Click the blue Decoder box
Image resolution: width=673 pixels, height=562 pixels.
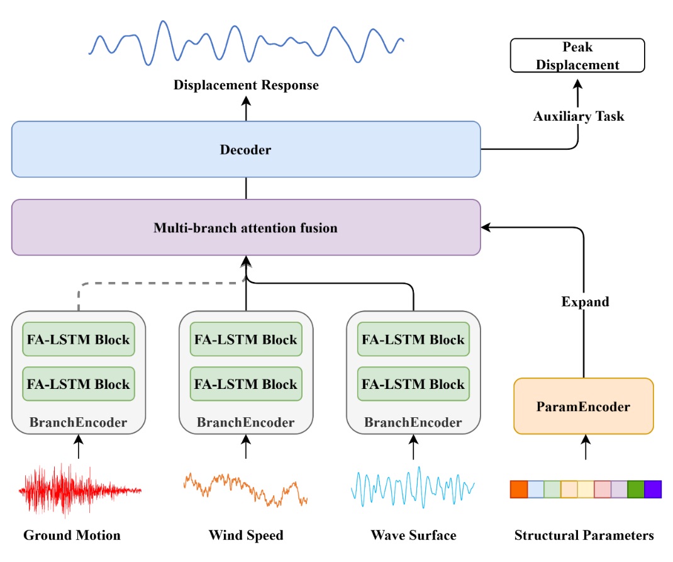pyautogui.click(x=245, y=149)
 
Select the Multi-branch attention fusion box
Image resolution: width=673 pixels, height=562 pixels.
pyautogui.click(x=245, y=227)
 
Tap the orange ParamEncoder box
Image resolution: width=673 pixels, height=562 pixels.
pyautogui.click(x=583, y=407)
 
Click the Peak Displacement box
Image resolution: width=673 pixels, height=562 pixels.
pyautogui.click(x=577, y=56)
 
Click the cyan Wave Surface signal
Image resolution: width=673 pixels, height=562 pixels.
pyautogui.click(x=412, y=486)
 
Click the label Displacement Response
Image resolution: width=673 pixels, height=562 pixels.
pyautogui.click(x=246, y=85)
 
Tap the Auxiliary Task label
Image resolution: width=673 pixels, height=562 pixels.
pyautogui.click(x=579, y=116)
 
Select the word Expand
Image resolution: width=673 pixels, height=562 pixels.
pyautogui.click(x=585, y=301)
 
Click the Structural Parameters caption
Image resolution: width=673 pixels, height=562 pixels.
pyautogui.click(x=584, y=536)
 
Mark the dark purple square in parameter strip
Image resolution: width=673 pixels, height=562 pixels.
pyautogui.click(x=653, y=489)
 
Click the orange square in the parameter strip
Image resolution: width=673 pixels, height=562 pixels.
pyautogui.click(x=518, y=489)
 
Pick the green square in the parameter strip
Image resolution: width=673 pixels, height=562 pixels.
pyautogui.click(x=636, y=489)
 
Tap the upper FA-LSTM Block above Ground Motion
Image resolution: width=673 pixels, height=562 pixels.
pyautogui.click(x=79, y=340)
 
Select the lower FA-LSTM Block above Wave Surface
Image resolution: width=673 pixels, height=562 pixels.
pyautogui.click(x=413, y=384)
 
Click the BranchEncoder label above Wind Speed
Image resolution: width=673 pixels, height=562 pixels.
pyautogui.click(x=245, y=422)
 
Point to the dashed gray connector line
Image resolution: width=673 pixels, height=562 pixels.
pyautogui.click(x=157, y=283)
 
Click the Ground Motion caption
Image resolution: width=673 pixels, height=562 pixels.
pyautogui.click(x=72, y=536)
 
